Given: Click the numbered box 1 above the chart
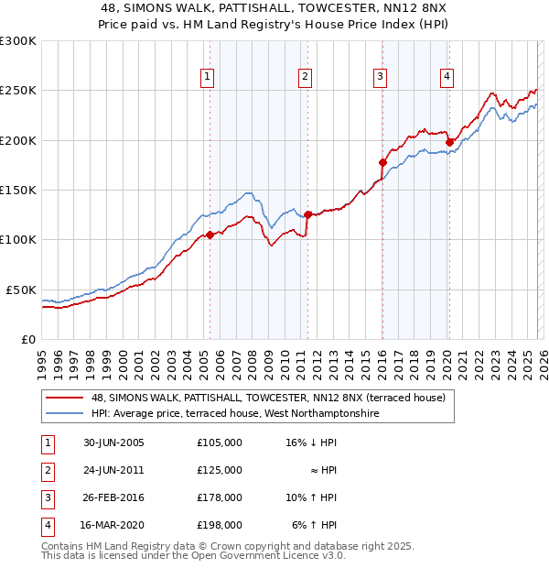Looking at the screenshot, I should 210,77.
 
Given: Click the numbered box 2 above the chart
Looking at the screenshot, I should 305,77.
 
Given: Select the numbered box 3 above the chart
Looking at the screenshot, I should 380,77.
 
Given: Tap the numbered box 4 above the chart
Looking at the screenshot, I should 447,77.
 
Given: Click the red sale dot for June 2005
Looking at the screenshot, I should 210,235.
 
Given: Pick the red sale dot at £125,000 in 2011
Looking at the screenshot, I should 307,214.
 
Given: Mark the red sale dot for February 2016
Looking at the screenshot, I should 382,162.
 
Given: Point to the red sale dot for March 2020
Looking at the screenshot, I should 449,142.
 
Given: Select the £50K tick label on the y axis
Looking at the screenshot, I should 20,289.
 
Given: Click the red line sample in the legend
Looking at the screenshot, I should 64,398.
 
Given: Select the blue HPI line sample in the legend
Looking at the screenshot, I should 64,413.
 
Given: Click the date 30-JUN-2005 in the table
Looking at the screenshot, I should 113,442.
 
